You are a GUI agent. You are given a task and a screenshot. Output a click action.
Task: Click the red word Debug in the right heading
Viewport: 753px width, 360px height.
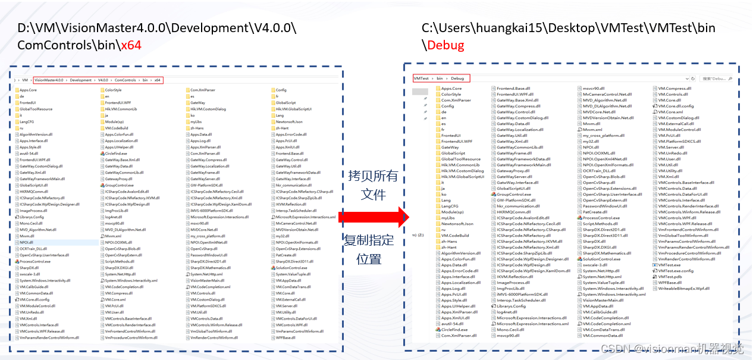[446, 45]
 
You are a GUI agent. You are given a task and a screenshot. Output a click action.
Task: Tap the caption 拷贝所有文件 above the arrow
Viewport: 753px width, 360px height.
[374, 184]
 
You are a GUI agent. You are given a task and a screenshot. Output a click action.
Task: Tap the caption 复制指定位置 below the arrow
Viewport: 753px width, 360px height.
[369, 249]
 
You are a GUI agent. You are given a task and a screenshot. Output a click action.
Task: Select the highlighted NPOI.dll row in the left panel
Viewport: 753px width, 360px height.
[27, 243]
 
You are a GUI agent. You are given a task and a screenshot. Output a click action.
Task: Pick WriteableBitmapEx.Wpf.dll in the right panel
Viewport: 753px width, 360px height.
[683, 289]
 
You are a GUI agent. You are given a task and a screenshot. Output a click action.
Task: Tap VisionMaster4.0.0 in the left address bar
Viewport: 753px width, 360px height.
[51, 80]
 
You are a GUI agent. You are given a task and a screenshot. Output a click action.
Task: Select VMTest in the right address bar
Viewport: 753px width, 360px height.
[421, 78]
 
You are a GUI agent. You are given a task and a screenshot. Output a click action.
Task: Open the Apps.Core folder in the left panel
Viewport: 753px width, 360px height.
[28, 90]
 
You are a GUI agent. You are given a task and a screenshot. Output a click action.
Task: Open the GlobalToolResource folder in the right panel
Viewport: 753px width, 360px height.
[460, 159]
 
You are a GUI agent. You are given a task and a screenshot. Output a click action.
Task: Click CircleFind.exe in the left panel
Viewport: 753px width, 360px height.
[116, 154]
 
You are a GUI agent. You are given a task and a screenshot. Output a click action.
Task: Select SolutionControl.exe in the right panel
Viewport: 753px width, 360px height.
[601, 259]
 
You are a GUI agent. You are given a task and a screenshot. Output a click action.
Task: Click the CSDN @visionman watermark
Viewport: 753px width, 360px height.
[672, 349]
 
